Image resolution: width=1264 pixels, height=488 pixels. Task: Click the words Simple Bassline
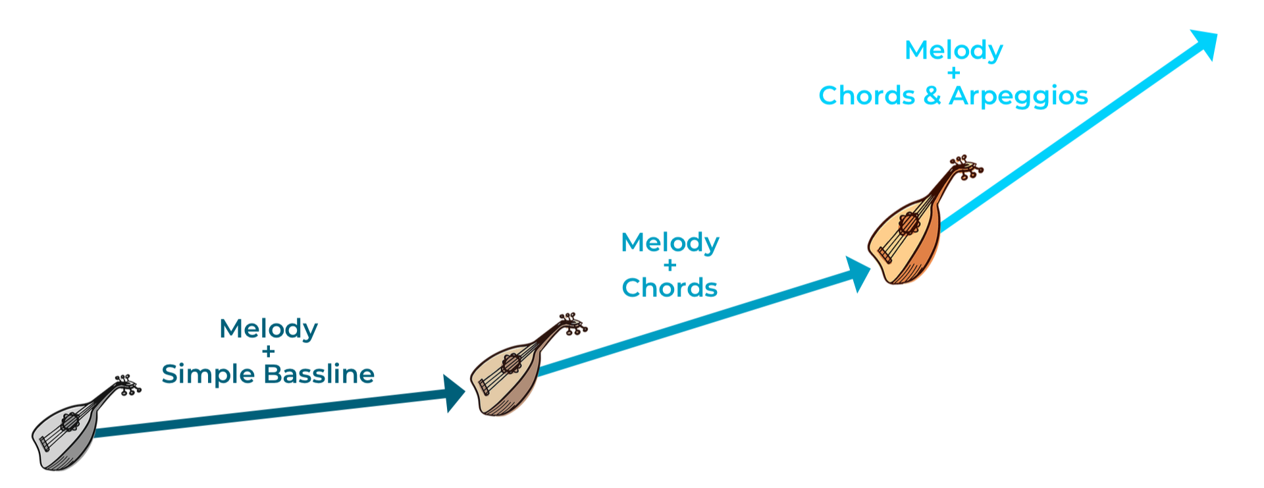pyautogui.click(x=268, y=374)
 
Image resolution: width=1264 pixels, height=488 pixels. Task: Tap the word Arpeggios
pyautogui.click(x=1018, y=96)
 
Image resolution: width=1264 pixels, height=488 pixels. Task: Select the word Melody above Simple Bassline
pyautogui.click(x=269, y=329)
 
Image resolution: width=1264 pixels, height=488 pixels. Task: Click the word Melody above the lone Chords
pyautogui.click(x=670, y=243)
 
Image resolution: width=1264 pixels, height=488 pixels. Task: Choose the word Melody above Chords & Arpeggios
pyautogui.click(x=954, y=51)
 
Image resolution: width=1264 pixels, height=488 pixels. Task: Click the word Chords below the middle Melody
pyautogui.click(x=670, y=288)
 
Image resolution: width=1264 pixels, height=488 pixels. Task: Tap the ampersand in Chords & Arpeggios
pyautogui.click(x=932, y=96)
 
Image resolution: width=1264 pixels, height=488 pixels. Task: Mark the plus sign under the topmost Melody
pyautogui.click(x=954, y=73)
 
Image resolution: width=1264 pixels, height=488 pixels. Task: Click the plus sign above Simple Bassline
pyautogui.click(x=268, y=352)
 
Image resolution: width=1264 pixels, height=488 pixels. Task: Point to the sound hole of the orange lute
pyautogui.click(x=908, y=223)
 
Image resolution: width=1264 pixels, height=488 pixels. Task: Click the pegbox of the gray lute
pyautogui.click(x=125, y=385)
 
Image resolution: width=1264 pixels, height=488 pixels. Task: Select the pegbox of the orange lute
pyautogui.click(x=965, y=167)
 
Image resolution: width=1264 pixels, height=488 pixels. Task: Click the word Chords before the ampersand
pyautogui.click(x=866, y=96)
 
